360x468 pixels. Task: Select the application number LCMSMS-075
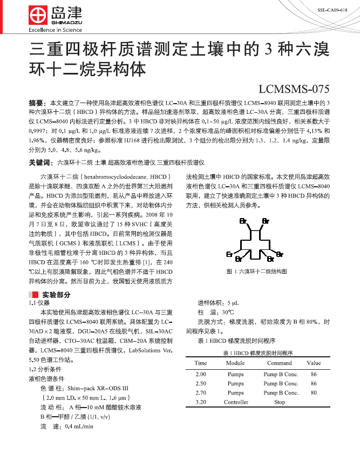coord(294,89)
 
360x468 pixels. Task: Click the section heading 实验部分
coord(56,294)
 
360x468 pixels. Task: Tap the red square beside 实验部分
coord(35,294)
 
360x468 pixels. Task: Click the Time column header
coord(201,363)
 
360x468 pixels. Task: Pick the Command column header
coord(279,363)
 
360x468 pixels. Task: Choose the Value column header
coord(314,363)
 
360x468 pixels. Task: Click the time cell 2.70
coord(201,393)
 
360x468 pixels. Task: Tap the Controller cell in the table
coord(236,402)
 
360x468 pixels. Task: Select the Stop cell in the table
coord(279,402)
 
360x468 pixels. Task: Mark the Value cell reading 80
coord(314,393)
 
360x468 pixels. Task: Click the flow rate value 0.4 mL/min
coord(79,426)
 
